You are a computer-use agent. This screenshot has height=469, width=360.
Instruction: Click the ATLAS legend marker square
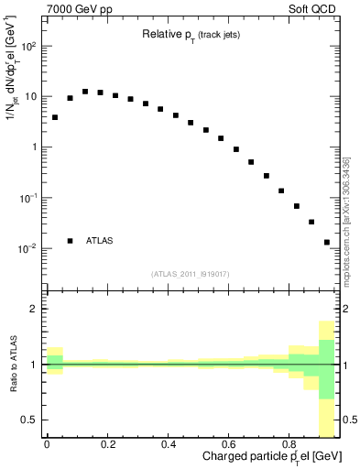tap(70, 241)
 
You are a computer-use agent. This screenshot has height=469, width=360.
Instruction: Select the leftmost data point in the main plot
tap(55, 117)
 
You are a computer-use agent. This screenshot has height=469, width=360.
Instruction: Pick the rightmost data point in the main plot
tap(327, 243)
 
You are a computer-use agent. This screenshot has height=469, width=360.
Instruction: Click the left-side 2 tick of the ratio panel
tap(38, 310)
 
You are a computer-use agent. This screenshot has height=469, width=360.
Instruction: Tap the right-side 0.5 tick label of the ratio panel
tap(349, 420)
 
